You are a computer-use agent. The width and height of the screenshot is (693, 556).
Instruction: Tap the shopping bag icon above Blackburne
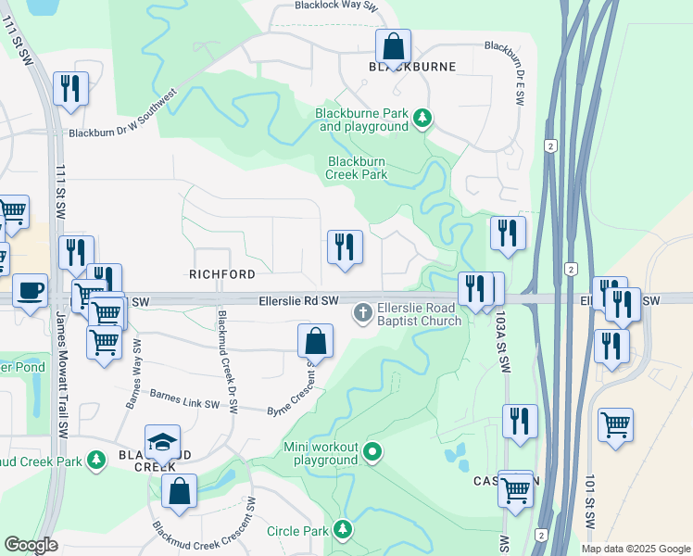click(x=393, y=45)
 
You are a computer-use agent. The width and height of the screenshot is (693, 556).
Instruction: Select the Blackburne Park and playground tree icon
click(x=422, y=118)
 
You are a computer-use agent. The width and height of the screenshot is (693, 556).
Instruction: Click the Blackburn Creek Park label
click(x=357, y=167)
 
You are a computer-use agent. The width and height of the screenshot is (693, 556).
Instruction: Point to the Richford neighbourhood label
click(x=221, y=274)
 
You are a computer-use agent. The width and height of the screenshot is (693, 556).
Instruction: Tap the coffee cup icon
click(x=30, y=290)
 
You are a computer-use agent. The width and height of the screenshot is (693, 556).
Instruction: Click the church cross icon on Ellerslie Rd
click(x=362, y=313)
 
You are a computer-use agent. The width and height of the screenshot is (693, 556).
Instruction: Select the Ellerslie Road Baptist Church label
click(x=419, y=315)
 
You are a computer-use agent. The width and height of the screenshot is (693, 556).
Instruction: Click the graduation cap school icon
click(x=163, y=441)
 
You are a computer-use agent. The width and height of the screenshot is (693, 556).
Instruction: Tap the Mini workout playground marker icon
click(x=372, y=452)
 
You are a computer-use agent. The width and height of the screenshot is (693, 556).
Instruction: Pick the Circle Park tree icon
click(x=344, y=530)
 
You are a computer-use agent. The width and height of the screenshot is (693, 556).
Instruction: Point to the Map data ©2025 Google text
click(x=635, y=549)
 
